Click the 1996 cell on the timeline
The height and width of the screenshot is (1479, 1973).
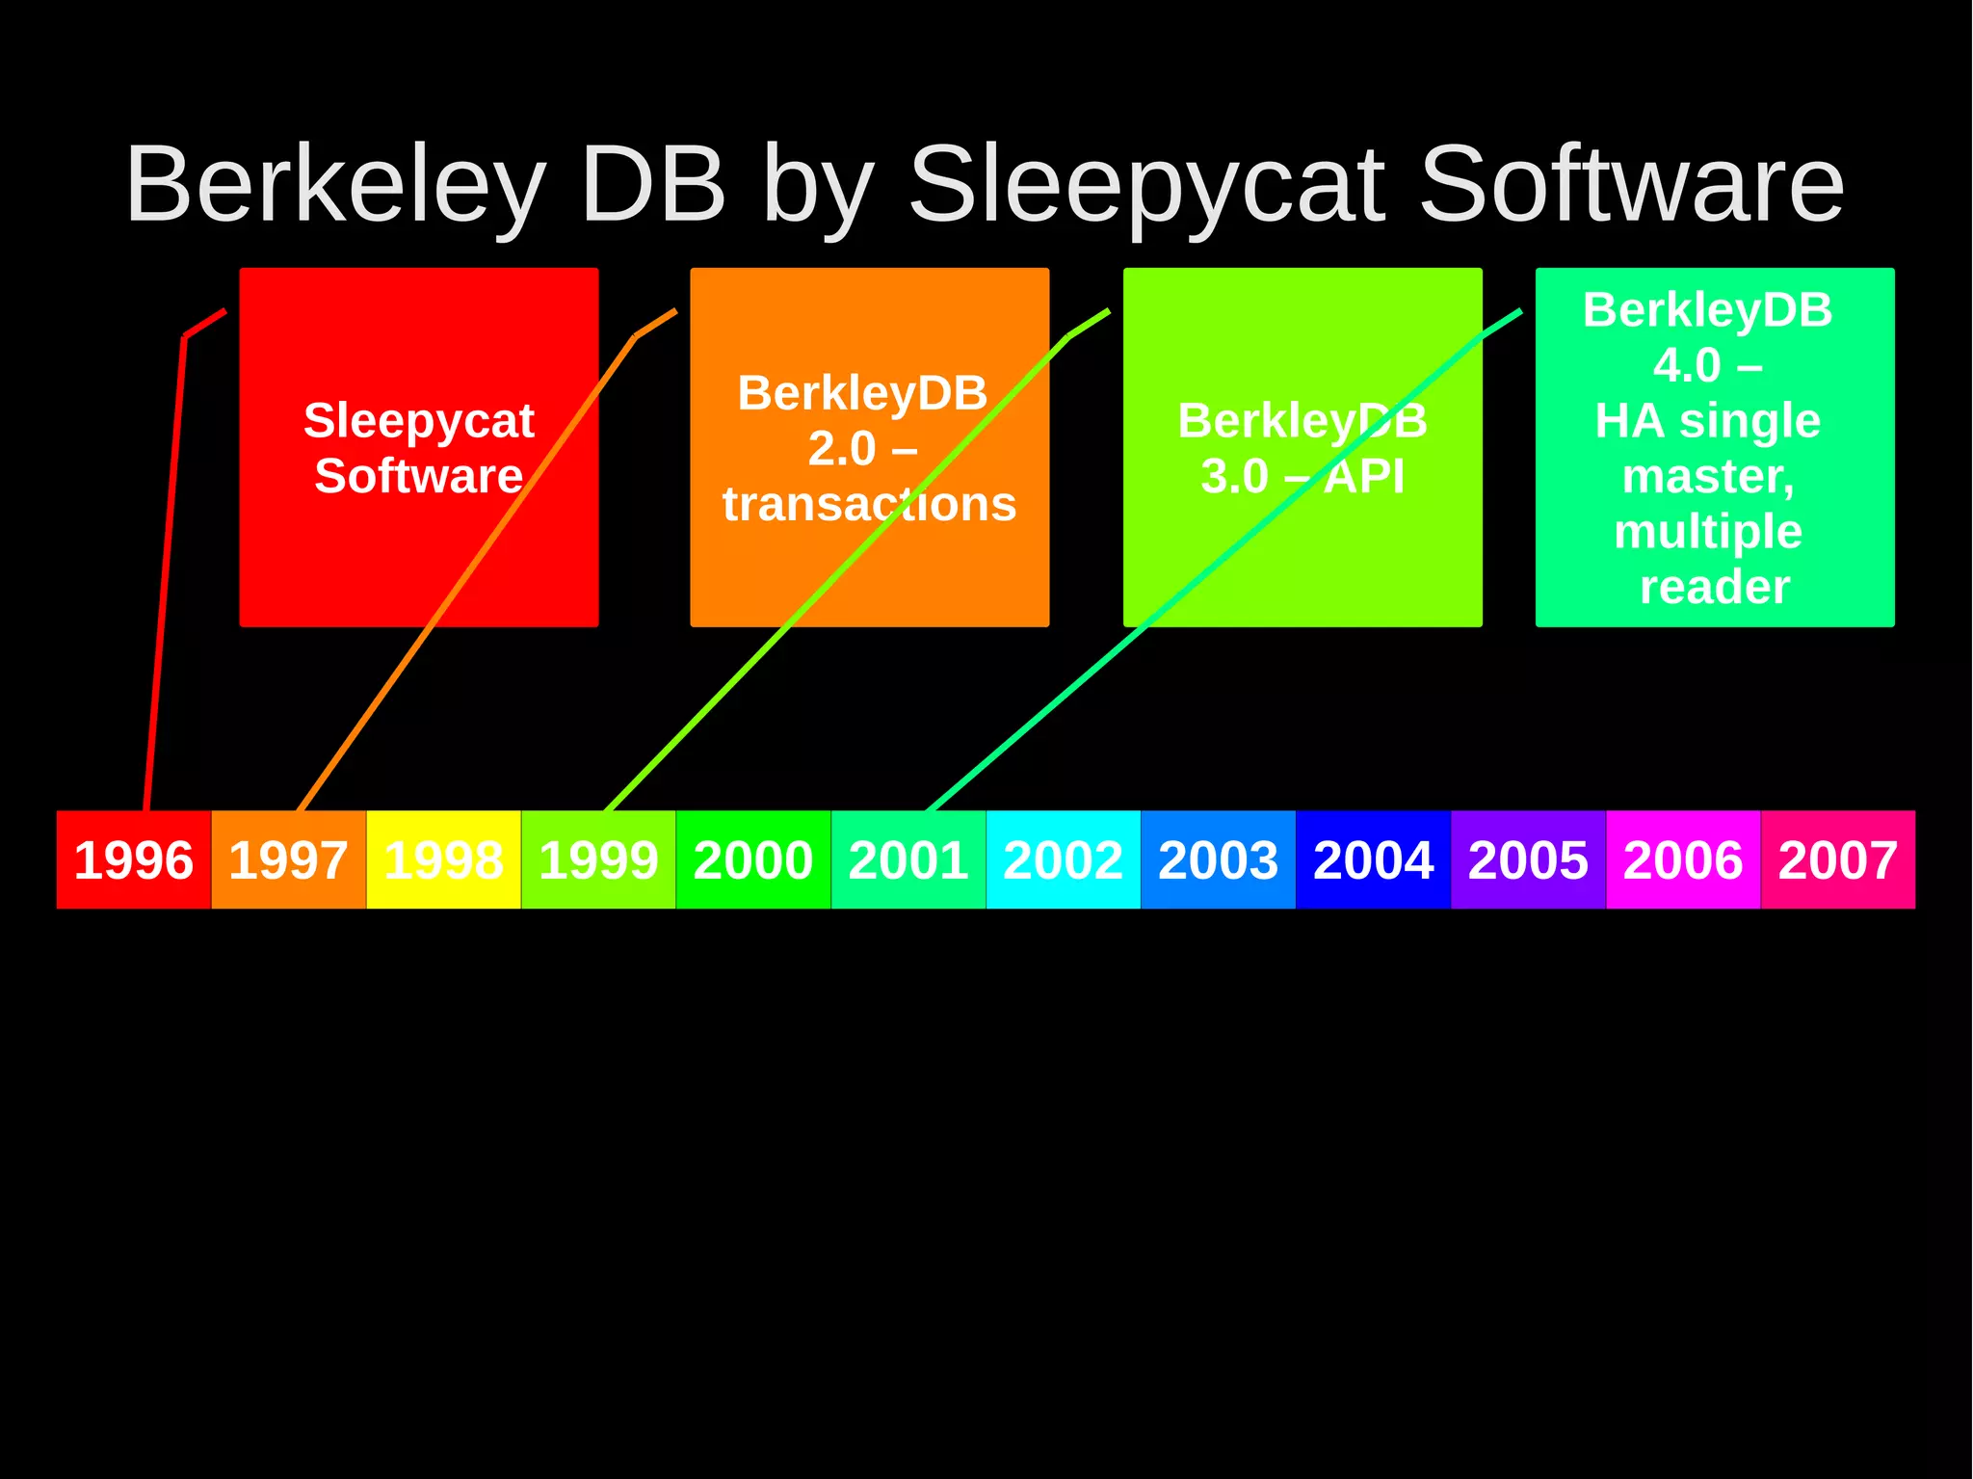coord(134,859)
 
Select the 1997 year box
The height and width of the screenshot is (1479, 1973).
coord(288,859)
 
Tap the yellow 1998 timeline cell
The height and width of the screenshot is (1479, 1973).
coord(443,859)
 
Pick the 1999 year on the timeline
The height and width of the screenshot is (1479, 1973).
coord(598,859)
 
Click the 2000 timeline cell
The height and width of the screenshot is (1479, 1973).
coord(753,859)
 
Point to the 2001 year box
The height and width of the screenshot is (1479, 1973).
coord(908,859)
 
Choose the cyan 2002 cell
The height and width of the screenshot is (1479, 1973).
coord(1064,859)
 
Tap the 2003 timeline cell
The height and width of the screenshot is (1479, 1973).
coord(1219,859)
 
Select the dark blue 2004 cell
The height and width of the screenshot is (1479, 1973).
coord(1374,859)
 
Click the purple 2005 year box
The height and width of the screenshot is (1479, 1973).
coord(1529,859)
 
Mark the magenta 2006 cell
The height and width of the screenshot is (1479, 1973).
coord(1683,859)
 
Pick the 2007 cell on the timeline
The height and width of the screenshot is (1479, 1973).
coord(1838,859)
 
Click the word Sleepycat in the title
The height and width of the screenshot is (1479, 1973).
coord(1148,186)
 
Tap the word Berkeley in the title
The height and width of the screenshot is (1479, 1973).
coord(335,186)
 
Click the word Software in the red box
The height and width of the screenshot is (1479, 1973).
coord(419,476)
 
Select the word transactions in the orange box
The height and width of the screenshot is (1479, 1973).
coord(870,504)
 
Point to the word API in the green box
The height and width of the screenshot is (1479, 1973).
coord(1364,476)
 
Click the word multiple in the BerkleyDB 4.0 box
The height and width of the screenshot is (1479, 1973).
coord(1708,532)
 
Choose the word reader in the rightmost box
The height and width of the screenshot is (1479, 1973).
coord(1715,587)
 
